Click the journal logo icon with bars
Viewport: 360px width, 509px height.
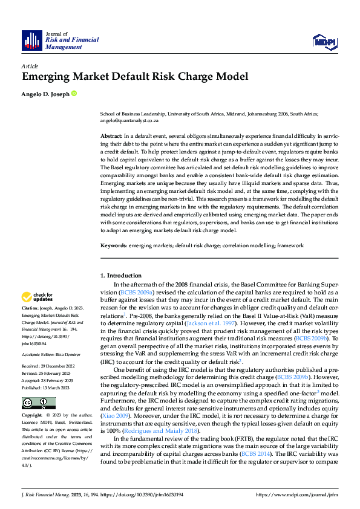(x=32, y=40)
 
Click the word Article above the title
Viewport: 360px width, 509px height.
(x=30, y=66)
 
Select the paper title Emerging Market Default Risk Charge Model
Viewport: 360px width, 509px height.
(x=135, y=77)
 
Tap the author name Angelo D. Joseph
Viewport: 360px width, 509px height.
(x=45, y=94)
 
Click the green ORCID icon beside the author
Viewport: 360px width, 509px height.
(x=74, y=94)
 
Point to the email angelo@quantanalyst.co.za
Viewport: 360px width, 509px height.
(x=129, y=120)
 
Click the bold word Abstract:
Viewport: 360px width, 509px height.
(x=111, y=137)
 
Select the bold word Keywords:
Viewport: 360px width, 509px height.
(x=113, y=246)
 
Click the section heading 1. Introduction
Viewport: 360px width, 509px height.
(x=120, y=276)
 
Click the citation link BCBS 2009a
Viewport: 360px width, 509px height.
(x=138, y=292)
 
